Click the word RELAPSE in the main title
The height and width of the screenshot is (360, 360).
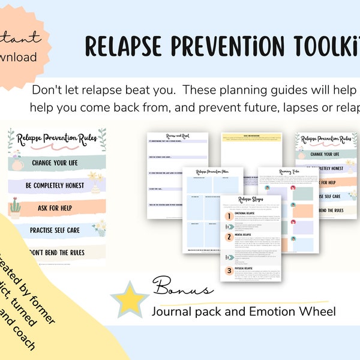(x=125, y=44)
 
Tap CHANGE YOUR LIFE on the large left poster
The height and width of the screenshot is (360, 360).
(x=58, y=163)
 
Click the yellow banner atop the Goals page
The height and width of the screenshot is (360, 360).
(x=251, y=138)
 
